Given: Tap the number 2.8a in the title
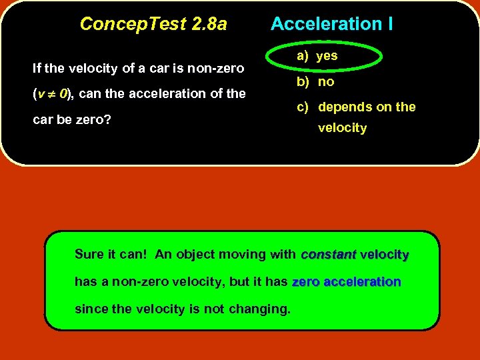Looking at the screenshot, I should coord(208,25).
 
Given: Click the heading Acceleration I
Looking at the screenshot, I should coord(331,25).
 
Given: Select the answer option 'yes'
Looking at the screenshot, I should coord(327,56).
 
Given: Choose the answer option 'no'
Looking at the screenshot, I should coord(326,82).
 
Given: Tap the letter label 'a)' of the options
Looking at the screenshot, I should coord(302,56).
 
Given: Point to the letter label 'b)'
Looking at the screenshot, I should coord(302,82).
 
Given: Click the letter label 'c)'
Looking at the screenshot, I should coord(302,107).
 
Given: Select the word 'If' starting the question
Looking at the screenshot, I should coord(37,68).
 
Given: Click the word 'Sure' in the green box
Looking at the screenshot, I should coord(89,255).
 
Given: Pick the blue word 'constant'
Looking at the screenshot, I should coord(329,255).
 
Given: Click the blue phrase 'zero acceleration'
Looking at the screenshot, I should coord(346,282).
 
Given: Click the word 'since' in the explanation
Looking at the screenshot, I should coord(89,309).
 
